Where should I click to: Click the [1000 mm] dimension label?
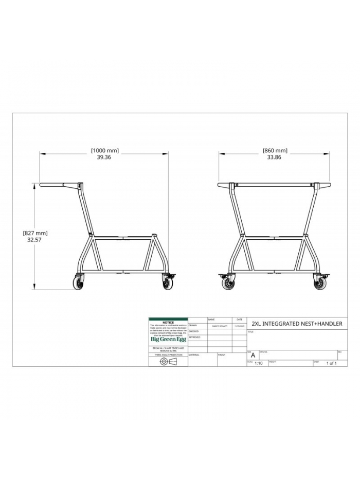coord(104,151)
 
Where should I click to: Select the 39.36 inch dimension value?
coord(104,157)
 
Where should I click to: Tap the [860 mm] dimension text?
coord(275,151)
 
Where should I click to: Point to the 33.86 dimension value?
coord(275,157)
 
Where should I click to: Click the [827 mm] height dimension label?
coord(35,233)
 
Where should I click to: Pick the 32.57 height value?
coord(35,240)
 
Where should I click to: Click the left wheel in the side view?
coord(79,283)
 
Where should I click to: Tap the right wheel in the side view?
coord(167,283)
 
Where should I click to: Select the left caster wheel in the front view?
coord(226,283)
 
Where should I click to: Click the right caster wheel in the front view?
coord(318,283)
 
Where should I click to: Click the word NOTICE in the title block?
coord(168,323)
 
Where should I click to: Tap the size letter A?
coord(253,355)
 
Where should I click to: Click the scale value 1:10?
coord(258,363)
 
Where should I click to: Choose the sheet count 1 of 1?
coord(331,363)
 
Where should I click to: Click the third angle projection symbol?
coord(168,362)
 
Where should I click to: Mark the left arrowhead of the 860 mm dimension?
coord(220,153)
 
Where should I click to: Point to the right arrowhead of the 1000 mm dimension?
coord(167,153)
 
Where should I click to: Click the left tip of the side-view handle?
coord(41,185)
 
